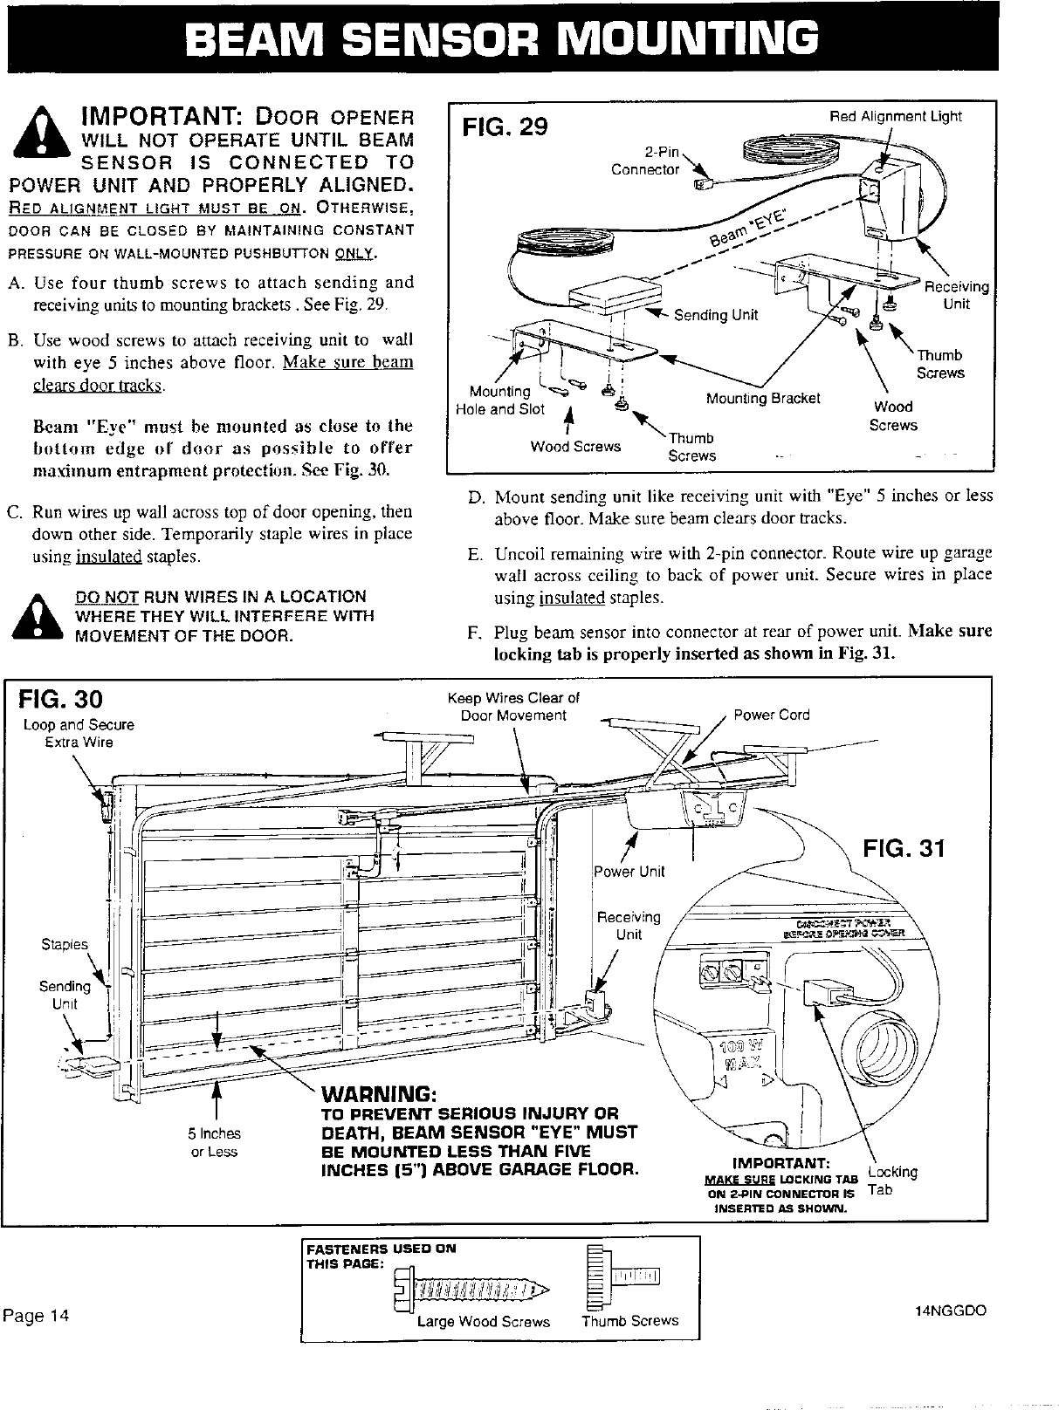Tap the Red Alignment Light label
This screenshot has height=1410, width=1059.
(895, 116)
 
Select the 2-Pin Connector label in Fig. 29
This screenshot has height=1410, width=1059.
(646, 161)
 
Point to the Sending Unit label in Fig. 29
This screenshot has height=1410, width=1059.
(716, 314)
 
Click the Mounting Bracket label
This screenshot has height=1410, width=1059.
(763, 399)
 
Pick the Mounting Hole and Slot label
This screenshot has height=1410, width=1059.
(500, 400)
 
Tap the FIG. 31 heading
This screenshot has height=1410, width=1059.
(903, 848)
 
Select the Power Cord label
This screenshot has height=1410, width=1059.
(771, 715)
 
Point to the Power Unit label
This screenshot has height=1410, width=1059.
(629, 872)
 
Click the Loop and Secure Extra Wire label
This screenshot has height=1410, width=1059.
(79, 733)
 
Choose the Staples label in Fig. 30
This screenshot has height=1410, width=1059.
(65, 944)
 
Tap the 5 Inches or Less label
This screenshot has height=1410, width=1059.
(214, 1142)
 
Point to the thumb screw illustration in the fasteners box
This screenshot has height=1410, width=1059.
(624, 1279)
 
